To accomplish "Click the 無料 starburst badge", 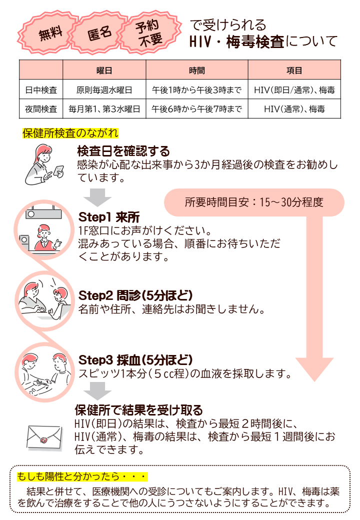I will click(x=51, y=34).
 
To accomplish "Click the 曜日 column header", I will click(x=104, y=70).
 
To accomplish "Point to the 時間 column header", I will click(x=197, y=70).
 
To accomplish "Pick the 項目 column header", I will click(x=294, y=70).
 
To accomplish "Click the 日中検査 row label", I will click(x=41, y=90).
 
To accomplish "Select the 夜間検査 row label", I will click(x=41, y=108).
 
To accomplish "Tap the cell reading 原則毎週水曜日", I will click(x=104, y=90).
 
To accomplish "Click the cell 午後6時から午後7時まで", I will click(x=197, y=108).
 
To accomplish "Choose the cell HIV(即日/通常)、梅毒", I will click(x=294, y=90).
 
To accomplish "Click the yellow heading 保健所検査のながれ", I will click(x=70, y=133).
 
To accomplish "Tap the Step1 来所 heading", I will click(x=109, y=217).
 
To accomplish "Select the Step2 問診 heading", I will click(x=135, y=294).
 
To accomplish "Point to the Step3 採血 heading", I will click(x=135, y=360).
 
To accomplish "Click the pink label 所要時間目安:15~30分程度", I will click(x=254, y=202).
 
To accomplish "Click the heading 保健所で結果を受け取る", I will click(x=138, y=410).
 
